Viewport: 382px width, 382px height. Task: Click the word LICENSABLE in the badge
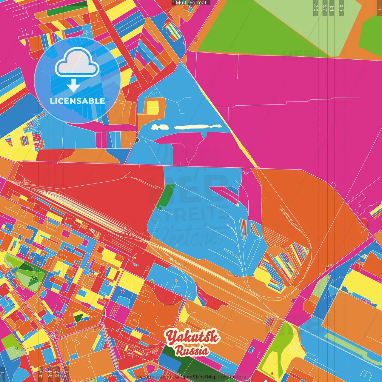(x=77, y=101)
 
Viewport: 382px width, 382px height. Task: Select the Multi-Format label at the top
(x=191, y=3)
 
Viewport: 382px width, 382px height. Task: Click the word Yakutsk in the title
(x=192, y=337)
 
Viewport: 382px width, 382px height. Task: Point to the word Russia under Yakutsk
(x=192, y=350)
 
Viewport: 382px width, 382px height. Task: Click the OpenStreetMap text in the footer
(x=198, y=377)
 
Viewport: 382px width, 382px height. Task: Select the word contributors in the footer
(x=232, y=377)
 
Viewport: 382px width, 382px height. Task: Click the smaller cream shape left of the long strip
(x=160, y=127)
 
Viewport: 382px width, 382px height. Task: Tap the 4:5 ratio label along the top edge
(x=341, y=8)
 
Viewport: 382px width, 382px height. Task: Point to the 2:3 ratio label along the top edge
(x=315, y=8)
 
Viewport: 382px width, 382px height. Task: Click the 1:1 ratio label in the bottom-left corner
(x=3, y=374)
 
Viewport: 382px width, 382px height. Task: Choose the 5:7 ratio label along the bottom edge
(x=57, y=374)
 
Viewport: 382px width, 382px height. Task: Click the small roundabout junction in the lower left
(x=53, y=335)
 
